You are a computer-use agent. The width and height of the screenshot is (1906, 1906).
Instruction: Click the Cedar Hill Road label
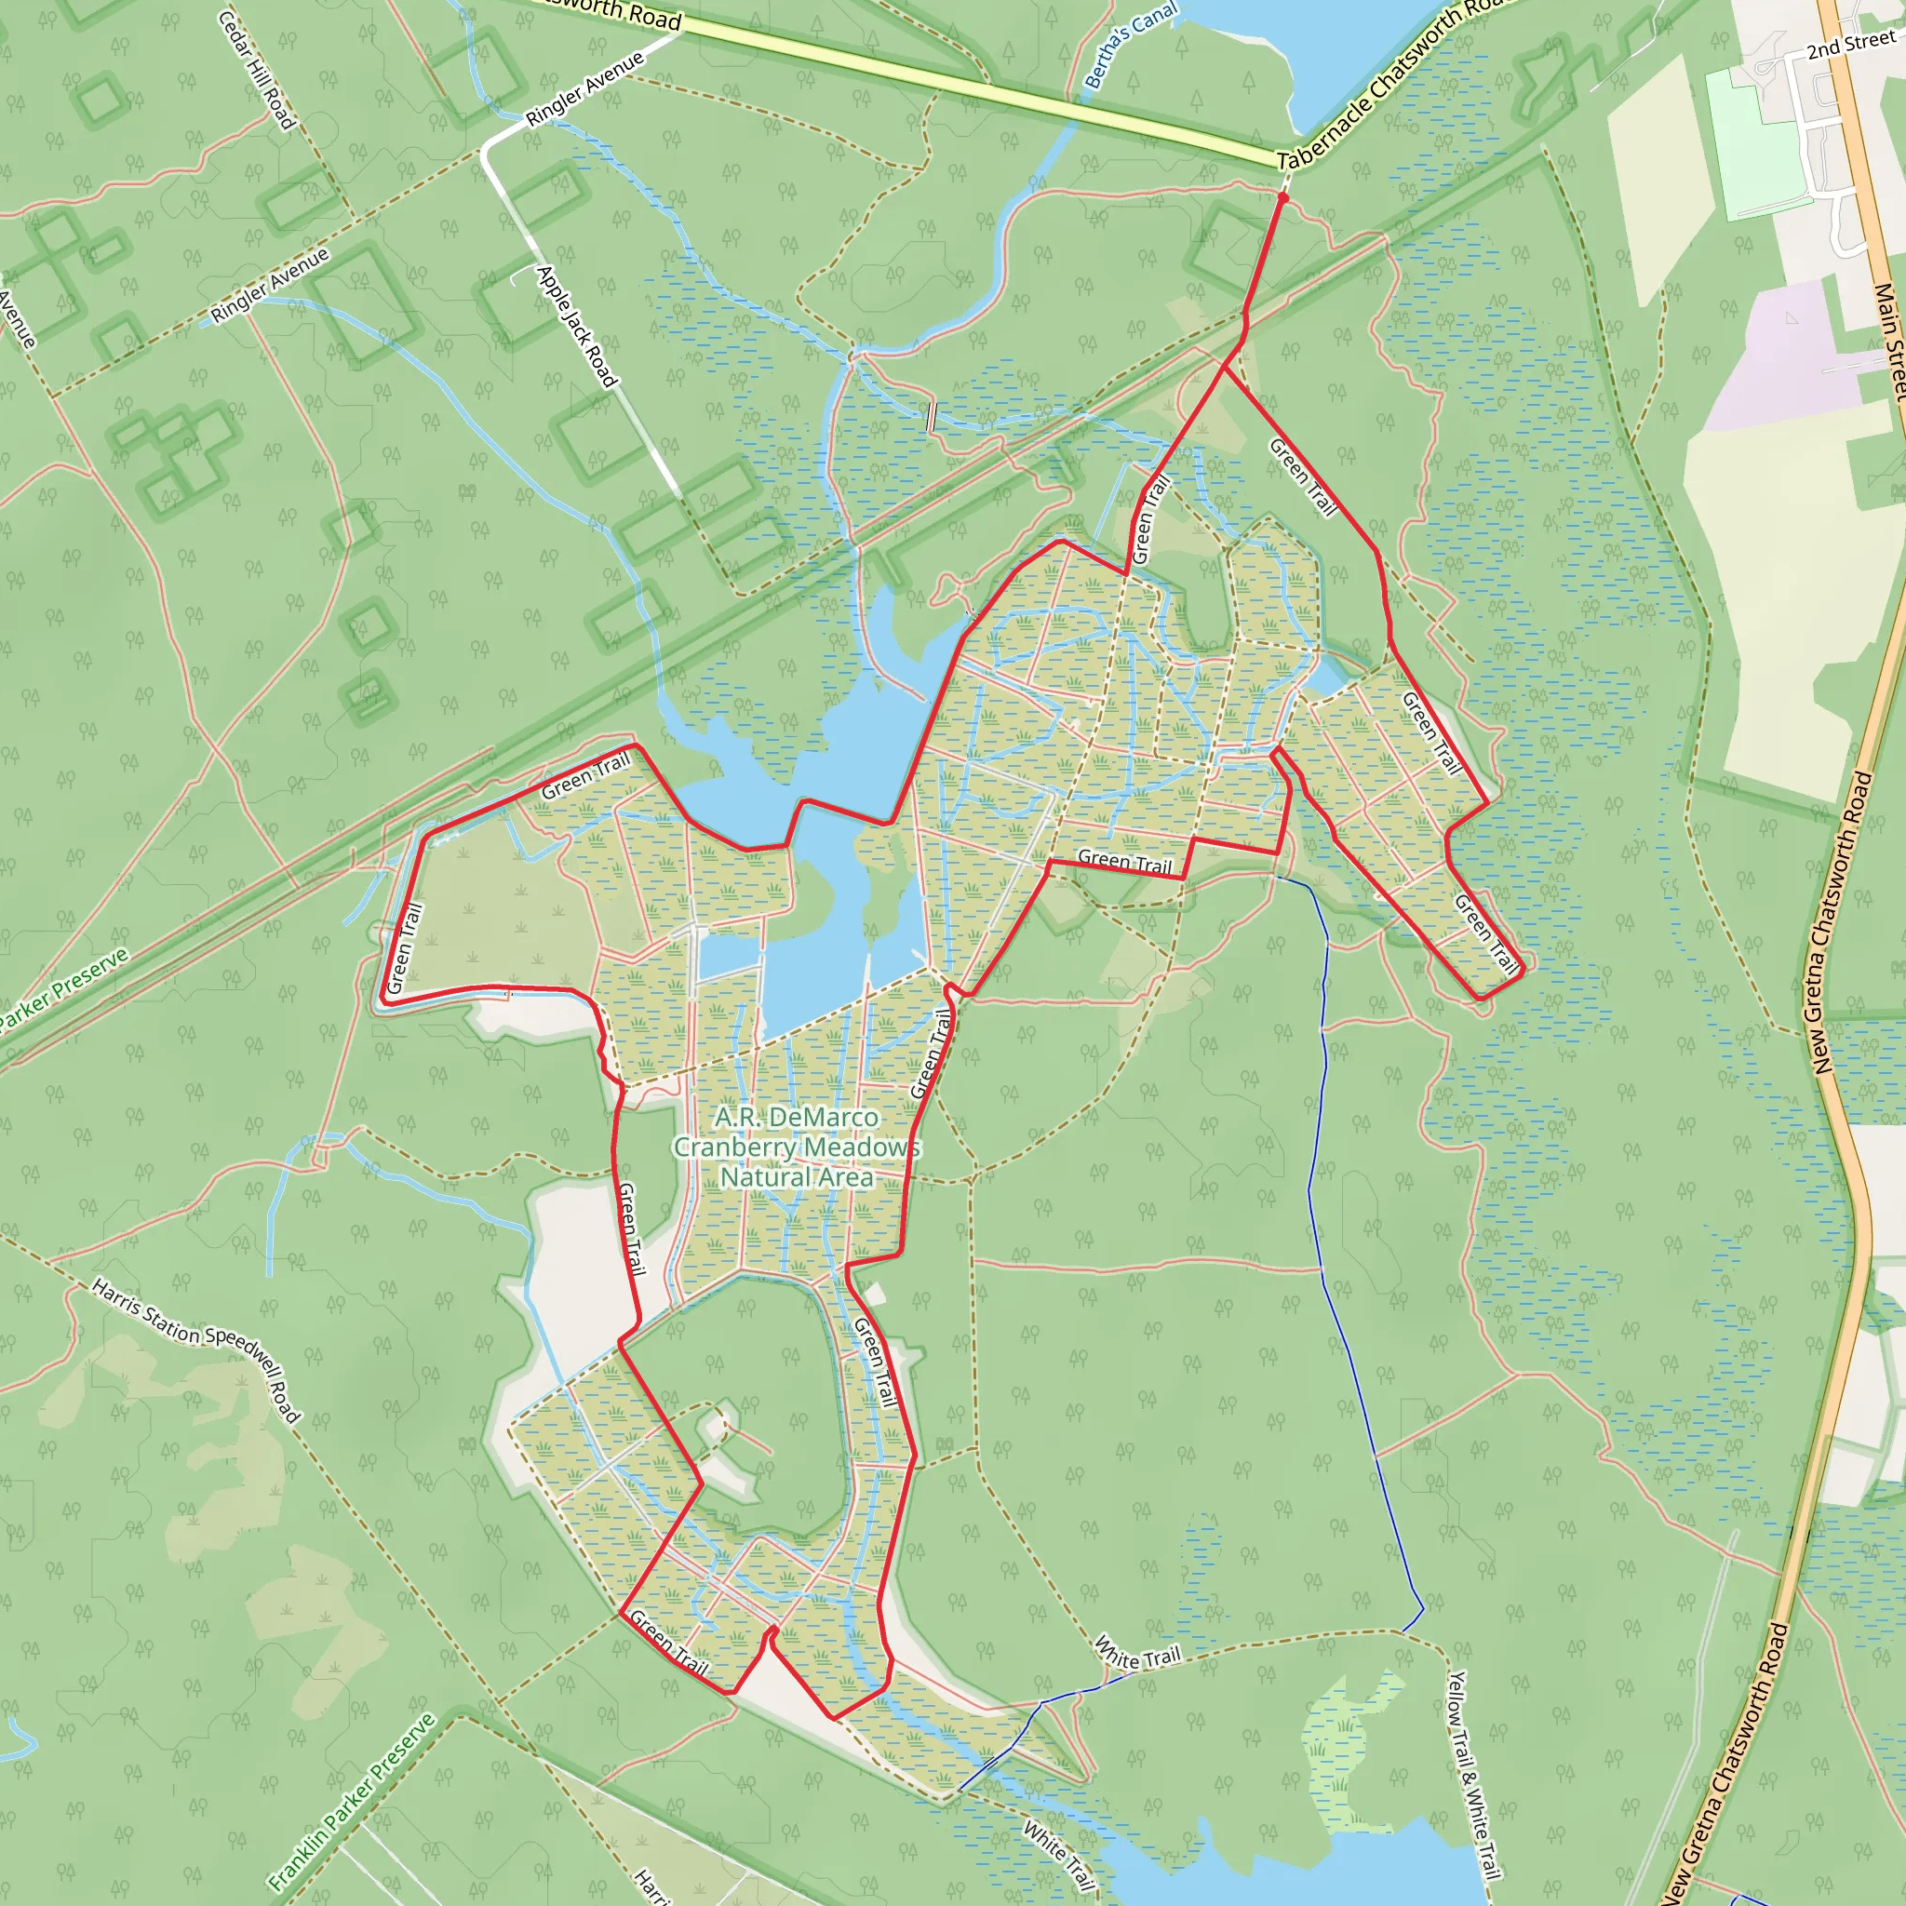(256, 69)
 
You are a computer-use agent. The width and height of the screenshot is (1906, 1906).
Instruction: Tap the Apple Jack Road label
(576, 326)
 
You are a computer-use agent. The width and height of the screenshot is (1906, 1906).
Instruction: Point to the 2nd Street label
(1851, 45)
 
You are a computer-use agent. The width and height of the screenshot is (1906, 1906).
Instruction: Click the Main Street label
(1890, 341)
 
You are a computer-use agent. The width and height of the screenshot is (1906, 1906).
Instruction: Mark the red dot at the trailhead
(1282, 198)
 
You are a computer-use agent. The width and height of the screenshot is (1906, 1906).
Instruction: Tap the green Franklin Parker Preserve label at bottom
(351, 1802)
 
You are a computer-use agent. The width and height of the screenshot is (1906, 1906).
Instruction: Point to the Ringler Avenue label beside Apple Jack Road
(584, 88)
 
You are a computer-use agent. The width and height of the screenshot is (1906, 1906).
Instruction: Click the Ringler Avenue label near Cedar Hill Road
(269, 286)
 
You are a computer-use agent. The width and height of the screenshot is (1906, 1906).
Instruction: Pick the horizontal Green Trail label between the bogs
(1123, 861)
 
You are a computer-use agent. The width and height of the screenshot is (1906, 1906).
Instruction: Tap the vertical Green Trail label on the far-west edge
(405, 948)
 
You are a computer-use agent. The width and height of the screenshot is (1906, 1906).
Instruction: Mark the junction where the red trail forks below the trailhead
(1225, 369)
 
